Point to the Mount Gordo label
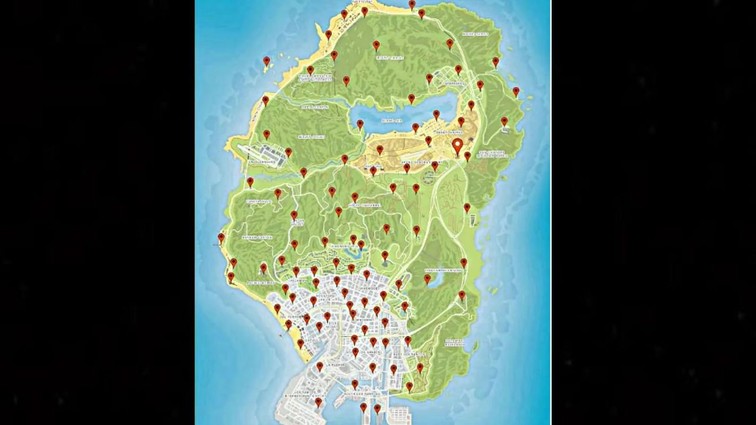(475, 34)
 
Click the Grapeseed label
(454, 84)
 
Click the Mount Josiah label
(311, 137)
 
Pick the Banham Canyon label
(258, 238)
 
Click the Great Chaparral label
(364, 205)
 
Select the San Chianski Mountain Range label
(492, 154)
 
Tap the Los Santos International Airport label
(303, 395)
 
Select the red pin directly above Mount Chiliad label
(376, 45)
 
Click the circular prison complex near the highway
(429, 177)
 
